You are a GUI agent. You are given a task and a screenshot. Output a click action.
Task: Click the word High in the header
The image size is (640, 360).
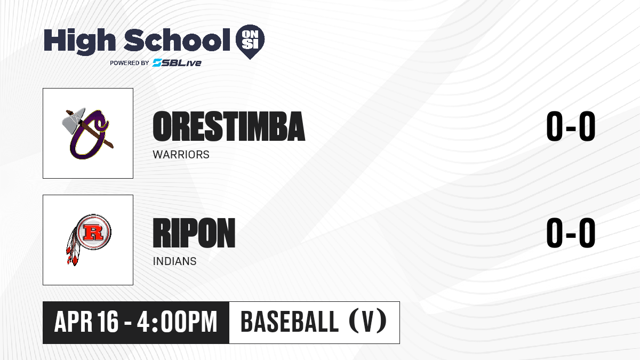tap(79, 41)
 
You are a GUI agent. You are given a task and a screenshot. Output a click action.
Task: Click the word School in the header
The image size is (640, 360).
tap(177, 39)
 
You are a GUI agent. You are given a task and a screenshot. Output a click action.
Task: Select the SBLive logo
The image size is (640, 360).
tap(177, 63)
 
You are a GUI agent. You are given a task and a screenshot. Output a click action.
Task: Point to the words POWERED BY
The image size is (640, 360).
tap(130, 63)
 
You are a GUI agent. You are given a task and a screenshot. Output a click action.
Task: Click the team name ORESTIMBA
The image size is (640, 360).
tap(229, 126)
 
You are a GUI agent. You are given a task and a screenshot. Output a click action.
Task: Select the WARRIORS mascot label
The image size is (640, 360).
tap(181, 155)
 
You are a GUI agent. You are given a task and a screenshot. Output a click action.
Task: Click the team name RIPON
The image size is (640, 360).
tap(194, 233)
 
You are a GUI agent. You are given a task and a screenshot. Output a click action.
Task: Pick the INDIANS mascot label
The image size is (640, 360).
tap(174, 261)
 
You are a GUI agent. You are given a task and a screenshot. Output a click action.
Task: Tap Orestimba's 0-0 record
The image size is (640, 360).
tap(571, 126)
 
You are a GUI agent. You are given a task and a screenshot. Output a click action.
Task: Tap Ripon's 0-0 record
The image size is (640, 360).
tap(571, 233)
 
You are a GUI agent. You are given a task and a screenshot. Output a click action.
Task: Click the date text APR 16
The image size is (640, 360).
tap(86, 322)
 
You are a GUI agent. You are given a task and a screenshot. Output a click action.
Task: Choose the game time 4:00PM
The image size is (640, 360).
tap(177, 322)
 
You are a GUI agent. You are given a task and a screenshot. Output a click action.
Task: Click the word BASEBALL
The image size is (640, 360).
tap(290, 322)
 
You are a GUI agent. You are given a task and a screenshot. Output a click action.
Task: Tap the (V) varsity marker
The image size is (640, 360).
tap(368, 322)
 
